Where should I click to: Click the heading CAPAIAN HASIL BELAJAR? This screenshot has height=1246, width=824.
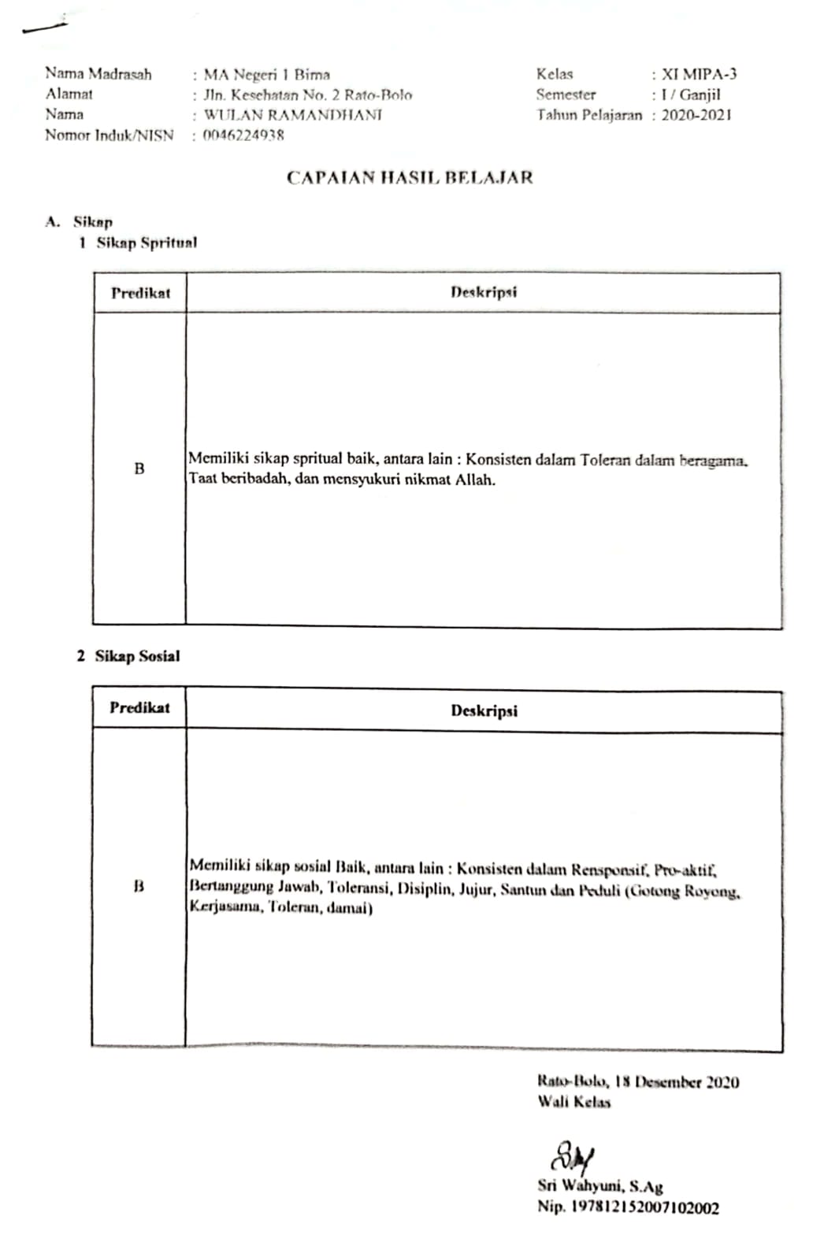410,177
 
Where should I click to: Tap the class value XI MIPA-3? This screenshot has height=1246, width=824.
699,75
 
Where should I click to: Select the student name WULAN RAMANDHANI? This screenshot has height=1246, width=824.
293,115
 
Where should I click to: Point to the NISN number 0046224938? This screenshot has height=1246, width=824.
243,135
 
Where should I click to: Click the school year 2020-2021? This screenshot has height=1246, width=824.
696,115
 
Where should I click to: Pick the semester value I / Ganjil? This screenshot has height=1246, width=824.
691,95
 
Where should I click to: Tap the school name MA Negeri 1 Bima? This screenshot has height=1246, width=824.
266,75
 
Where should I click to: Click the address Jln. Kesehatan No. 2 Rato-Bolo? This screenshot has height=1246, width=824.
307,95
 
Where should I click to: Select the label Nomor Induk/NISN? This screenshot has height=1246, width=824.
109,135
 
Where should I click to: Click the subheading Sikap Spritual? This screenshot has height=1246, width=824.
147,243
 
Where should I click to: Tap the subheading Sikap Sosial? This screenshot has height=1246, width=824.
137,656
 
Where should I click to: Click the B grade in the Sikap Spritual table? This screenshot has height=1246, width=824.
139,469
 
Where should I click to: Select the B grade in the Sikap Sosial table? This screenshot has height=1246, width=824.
139,887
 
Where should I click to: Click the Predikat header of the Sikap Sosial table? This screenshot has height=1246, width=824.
139,707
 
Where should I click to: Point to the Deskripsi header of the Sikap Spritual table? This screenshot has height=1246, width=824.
484,292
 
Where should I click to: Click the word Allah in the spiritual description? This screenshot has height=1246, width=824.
475,480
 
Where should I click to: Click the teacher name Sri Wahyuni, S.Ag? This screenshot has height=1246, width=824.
600,1185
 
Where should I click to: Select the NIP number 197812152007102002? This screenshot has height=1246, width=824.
644,1207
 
